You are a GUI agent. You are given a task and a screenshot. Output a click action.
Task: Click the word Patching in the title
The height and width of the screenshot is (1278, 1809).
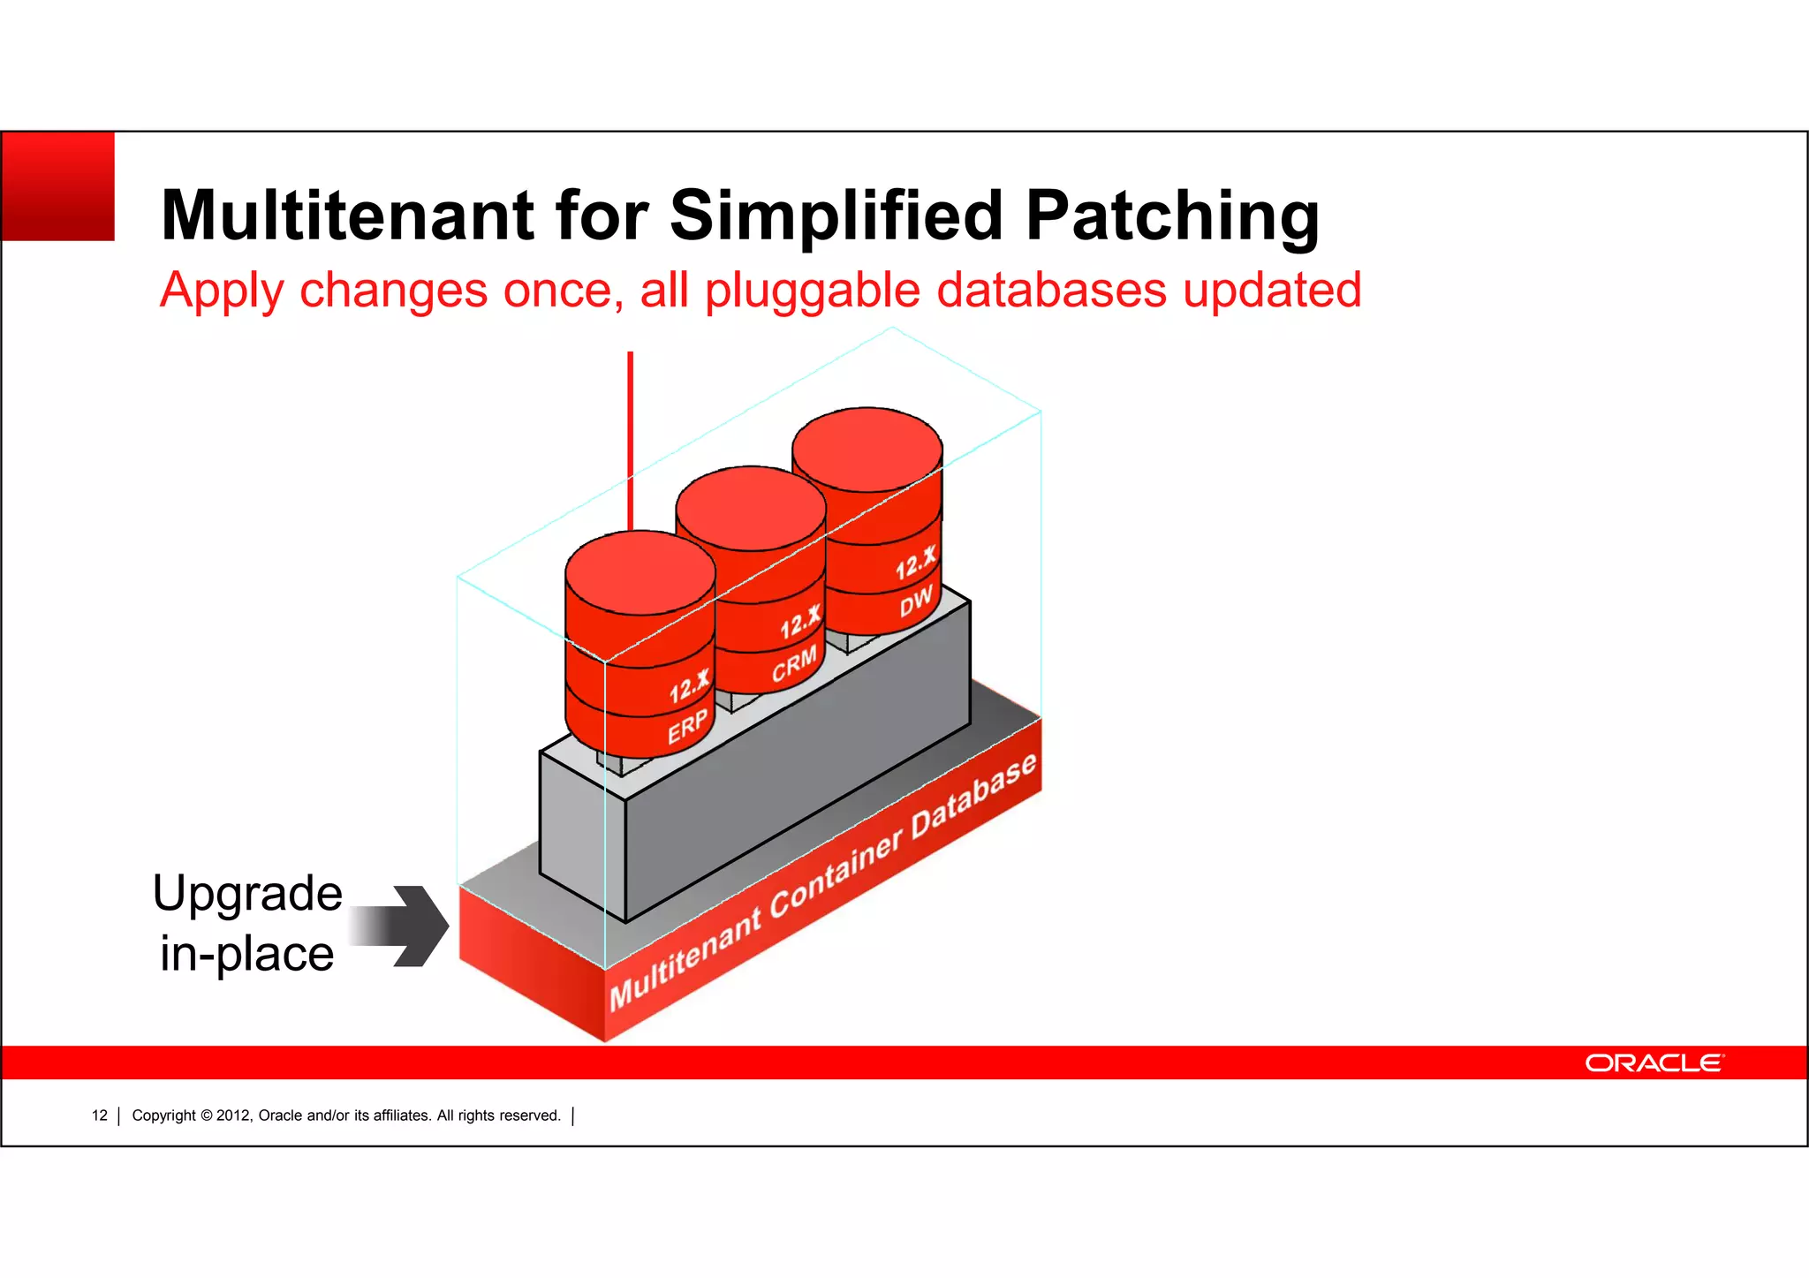(1172, 216)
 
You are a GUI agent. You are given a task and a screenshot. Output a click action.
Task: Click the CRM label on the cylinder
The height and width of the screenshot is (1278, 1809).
(794, 665)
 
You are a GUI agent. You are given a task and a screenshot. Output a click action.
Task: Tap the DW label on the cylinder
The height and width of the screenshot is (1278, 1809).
(916, 601)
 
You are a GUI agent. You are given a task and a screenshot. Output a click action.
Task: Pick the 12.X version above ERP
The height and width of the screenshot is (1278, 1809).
(689, 686)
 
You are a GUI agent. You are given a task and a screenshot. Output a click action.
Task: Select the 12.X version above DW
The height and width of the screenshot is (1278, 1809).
(915, 563)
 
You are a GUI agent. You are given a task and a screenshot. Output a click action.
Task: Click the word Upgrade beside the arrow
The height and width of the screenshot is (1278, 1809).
(247, 894)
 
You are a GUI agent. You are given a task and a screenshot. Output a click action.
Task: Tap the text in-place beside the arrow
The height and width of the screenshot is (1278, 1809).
(247, 954)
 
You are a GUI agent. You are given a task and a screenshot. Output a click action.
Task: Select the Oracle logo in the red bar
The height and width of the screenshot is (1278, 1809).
(1653, 1062)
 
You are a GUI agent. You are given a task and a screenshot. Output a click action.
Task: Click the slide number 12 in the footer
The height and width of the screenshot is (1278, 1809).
(100, 1115)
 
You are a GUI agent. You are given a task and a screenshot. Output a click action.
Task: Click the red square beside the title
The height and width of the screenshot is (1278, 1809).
(58, 186)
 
